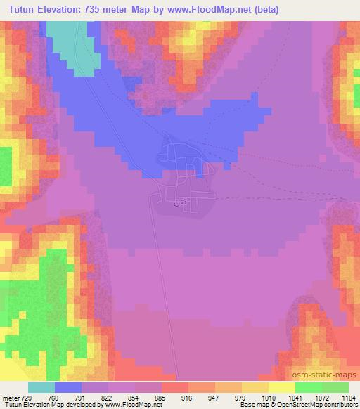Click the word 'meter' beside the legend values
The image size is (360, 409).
(x=12, y=398)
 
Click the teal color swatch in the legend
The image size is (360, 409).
(x=41, y=387)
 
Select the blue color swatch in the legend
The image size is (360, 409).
(x=68, y=387)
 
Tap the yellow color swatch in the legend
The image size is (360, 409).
(x=281, y=387)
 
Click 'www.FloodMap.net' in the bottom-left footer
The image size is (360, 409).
(x=130, y=405)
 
